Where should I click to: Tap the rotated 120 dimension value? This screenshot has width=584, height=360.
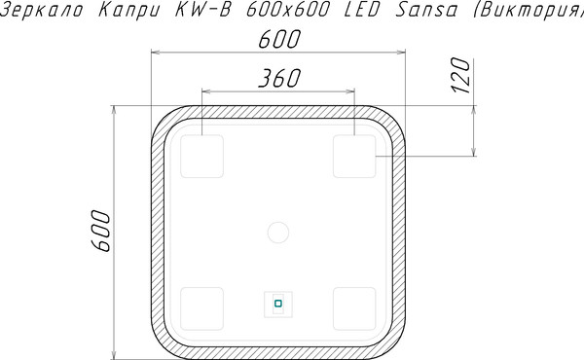click(x=460, y=74)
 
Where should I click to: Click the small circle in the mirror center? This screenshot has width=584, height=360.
click(x=278, y=233)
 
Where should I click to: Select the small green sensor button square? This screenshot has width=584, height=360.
click(x=277, y=304)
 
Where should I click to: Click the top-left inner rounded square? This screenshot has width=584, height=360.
click(x=201, y=157)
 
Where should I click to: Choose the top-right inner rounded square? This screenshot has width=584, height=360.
click(x=354, y=157)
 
